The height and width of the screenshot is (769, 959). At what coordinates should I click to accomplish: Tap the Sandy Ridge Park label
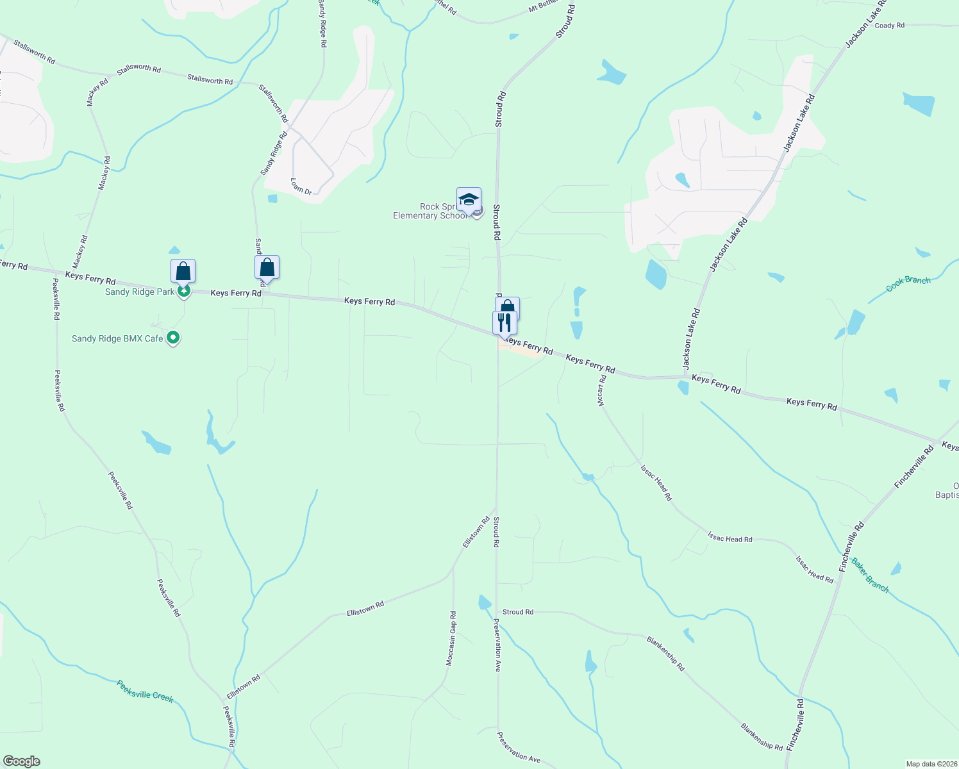140,292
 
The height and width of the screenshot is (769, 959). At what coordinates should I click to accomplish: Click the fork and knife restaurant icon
505,322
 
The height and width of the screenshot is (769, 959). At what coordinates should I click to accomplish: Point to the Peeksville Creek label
145,691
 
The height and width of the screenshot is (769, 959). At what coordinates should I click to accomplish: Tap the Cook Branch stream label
908,284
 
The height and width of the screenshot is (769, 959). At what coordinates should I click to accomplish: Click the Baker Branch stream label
870,575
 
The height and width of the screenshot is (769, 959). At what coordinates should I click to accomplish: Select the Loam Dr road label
301,186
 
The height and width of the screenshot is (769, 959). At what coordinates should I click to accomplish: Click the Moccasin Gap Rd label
451,638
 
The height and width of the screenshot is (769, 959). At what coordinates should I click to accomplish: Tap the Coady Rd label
889,26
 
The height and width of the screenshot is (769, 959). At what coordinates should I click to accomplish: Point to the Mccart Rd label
601,390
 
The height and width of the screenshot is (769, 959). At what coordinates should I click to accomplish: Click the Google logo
21,761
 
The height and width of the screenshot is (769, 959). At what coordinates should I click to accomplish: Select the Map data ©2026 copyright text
931,764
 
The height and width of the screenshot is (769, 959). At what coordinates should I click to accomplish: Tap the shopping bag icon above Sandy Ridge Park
183,271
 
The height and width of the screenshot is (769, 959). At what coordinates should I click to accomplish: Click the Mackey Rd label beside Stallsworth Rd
97,92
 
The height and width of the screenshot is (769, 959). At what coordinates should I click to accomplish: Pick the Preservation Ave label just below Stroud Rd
497,645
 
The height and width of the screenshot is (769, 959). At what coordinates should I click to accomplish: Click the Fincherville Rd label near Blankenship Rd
794,725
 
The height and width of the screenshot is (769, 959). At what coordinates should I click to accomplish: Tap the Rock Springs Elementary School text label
430,211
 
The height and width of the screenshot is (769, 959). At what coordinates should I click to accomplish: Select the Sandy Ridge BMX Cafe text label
117,338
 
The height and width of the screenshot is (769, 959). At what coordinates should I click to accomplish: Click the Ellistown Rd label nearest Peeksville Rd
244,687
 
